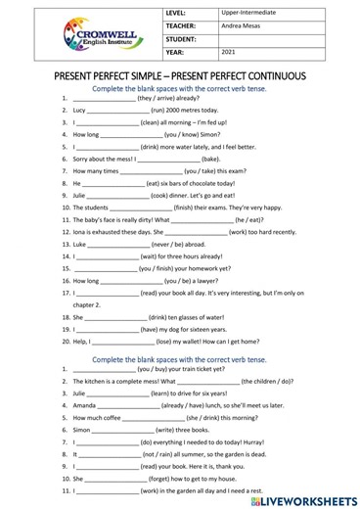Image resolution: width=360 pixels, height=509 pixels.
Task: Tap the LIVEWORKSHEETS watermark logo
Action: (x=302, y=498)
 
